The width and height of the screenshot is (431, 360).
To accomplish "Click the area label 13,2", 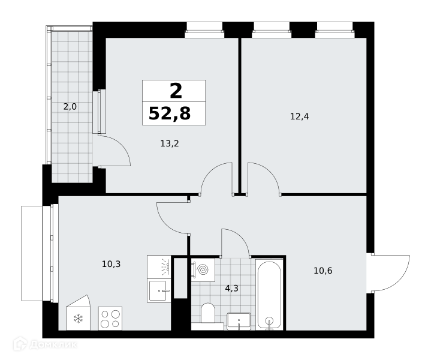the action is click(x=170, y=143).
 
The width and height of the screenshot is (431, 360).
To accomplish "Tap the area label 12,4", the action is click(x=299, y=116).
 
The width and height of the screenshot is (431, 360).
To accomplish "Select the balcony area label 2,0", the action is click(x=70, y=107).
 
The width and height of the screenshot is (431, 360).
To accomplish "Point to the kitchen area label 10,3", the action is click(x=111, y=264).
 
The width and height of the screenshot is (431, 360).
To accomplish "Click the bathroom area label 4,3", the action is click(x=231, y=289).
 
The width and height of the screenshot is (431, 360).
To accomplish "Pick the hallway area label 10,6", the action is click(x=323, y=271).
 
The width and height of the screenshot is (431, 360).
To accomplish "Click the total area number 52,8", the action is click(x=170, y=113).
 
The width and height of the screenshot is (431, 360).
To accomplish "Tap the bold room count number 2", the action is click(x=176, y=91).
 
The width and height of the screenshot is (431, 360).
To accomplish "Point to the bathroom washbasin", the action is click(x=239, y=321).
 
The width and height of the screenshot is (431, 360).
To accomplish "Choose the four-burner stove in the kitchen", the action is click(x=110, y=319).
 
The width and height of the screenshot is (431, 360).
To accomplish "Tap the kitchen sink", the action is click(x=159, y=290).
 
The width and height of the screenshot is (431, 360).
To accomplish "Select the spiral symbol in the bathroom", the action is click(x=203, y=270).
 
